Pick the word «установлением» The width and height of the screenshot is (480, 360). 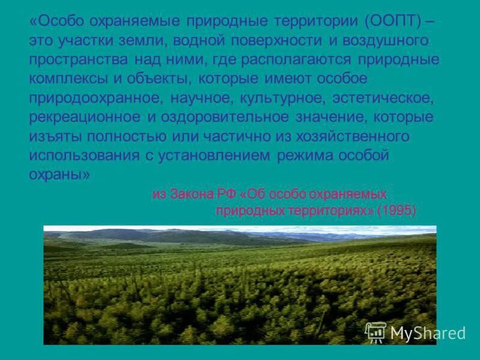(x=217, y=155)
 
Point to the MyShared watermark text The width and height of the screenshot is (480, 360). (x=428, y=334)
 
